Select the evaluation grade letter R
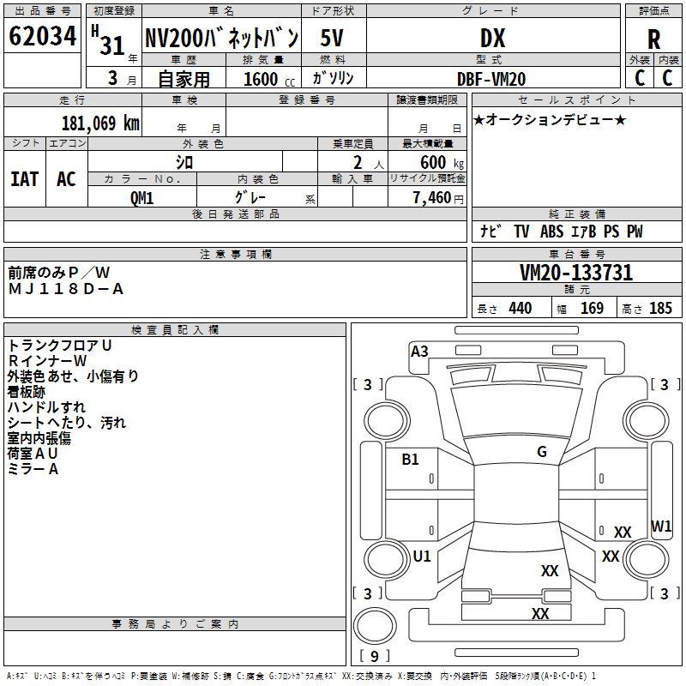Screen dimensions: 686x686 click(x=653, y=39)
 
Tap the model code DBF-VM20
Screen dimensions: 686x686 click(x=492, y=79)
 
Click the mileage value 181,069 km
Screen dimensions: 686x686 click(x=100, y=123)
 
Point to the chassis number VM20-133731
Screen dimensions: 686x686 click(x=576, y=273)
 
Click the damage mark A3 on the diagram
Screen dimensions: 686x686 click(x=419, y=351)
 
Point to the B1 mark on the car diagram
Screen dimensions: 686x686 click(x=411, y=460)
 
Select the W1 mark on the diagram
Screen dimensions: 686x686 click(x=661, y=526)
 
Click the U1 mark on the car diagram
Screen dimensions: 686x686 click(x=422, y=557)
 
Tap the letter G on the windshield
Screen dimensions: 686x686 click(x=542, y=452)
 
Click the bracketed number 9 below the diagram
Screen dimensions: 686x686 click(x=374, y=657)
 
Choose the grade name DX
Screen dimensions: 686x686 click(x=492, y=39)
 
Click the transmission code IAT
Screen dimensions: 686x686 click(x=24, y=178)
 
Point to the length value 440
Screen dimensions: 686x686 click(x=520, y=309)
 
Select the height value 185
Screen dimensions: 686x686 click(x=660, y=309)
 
